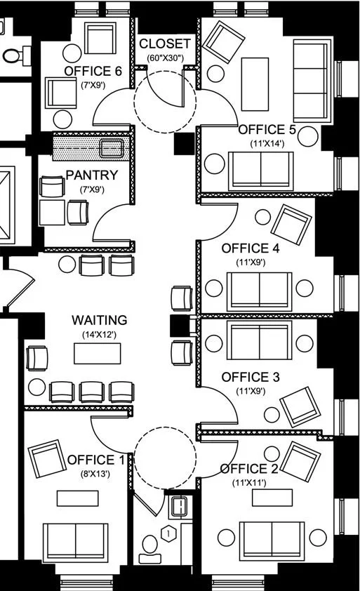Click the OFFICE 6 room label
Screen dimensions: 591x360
tap(93, 71)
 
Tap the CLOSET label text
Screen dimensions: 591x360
tap(165, 43)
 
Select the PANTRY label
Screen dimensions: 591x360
tap(92, 175)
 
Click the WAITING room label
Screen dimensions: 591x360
tap(100, 320)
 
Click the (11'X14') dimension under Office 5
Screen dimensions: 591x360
tap(267, 144)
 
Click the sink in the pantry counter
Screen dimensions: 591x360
tap(112, 148)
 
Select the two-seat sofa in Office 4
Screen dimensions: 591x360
tap(259, 290)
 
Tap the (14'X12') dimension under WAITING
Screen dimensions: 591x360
tap(100, 335)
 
